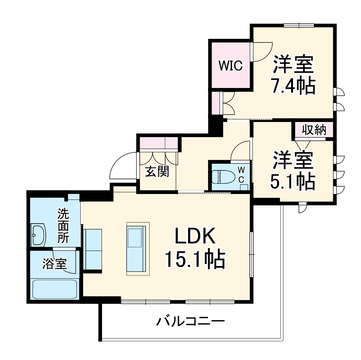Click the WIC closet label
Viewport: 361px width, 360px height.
[230, 66]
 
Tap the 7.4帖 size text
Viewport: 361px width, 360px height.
[294, 86]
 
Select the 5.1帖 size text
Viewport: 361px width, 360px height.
[294, 181]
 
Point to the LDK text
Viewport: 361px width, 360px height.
[195, 237]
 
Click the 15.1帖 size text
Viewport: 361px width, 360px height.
[195, 259]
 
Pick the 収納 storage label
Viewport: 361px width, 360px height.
[314, 130]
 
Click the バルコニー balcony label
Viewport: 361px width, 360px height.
[190, 320]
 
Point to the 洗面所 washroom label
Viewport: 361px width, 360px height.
[63, 226]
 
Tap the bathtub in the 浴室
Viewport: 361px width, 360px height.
[55, 289]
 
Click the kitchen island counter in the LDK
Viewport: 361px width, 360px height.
[137, 249]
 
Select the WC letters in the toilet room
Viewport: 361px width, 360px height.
[241, 174]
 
